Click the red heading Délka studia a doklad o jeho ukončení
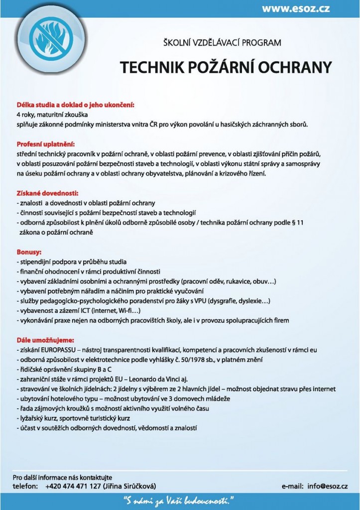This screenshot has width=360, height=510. click(76, 105)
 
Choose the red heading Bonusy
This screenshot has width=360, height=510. click(29, 252)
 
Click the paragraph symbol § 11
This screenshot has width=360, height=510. click(297, 222)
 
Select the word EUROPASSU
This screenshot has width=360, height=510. click(59, 350)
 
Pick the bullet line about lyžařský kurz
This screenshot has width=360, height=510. click(73, 418)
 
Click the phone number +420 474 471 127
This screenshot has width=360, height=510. click(73, 486)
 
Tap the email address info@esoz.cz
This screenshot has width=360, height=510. click(327, 486)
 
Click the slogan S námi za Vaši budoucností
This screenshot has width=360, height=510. click(179, 500)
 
